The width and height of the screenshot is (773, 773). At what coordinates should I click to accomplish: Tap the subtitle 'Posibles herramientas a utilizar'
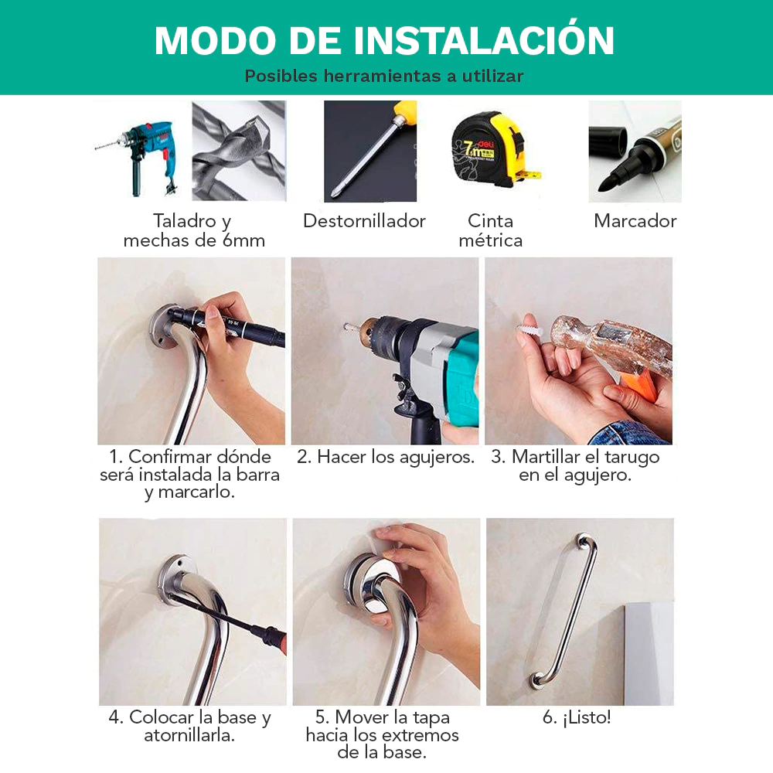(384, 76)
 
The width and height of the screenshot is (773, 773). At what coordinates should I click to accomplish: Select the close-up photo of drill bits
(239, 151)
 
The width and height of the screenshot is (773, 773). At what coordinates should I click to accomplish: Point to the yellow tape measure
(493, 150)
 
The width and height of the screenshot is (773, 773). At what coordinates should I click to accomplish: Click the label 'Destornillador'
(364, 221)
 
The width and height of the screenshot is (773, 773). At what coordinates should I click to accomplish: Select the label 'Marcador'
(635, 221)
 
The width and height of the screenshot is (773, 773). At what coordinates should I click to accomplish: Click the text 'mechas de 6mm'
(194, 240)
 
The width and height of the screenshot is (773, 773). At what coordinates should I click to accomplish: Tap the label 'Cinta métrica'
(491, 230)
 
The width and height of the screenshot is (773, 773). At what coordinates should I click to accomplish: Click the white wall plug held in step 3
(530, 329)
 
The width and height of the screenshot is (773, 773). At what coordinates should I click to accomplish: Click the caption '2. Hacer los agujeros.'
(386, 457)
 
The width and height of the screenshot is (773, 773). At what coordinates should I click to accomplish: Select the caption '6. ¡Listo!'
(577, 718)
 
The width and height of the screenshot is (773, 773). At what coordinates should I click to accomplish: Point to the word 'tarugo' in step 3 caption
(632, 457)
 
